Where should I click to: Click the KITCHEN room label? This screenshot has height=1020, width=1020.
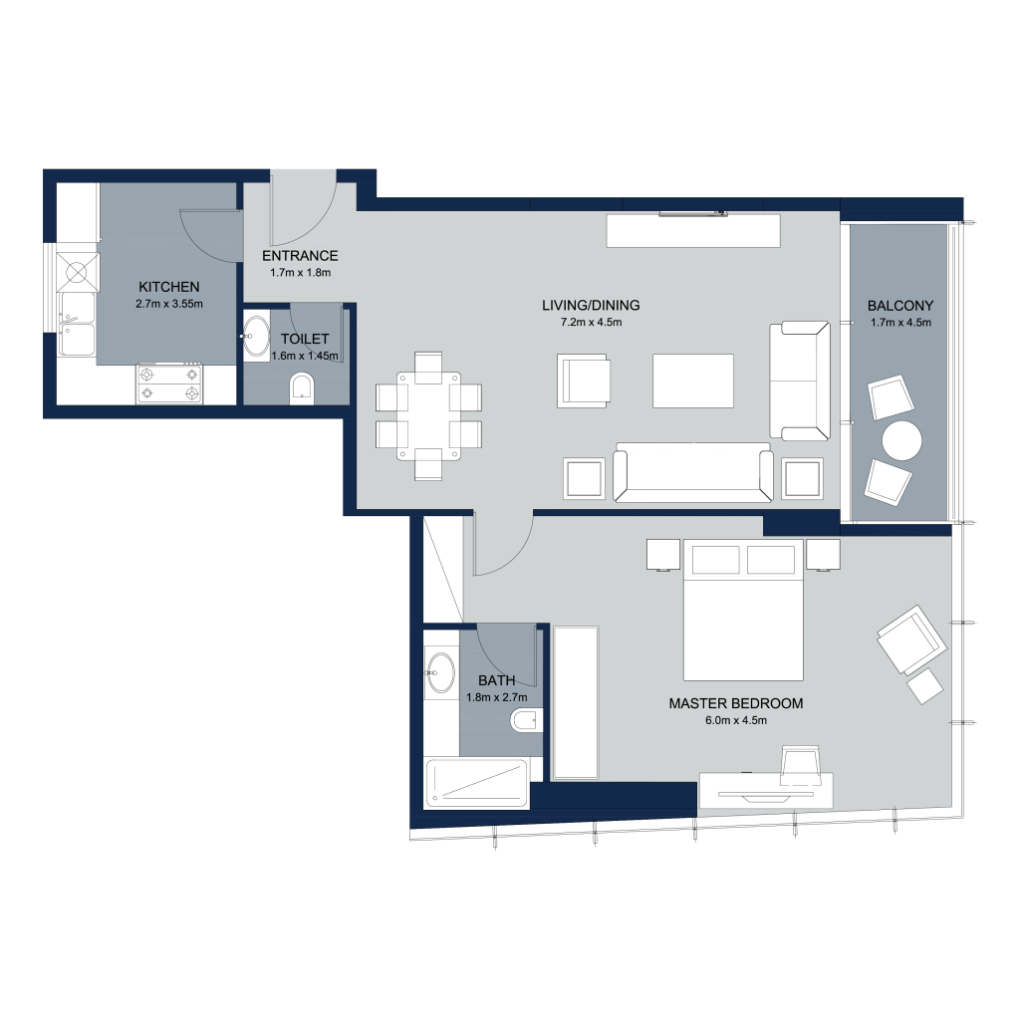169,286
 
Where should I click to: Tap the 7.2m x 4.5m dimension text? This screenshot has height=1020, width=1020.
592,322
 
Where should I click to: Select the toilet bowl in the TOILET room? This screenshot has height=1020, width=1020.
302,387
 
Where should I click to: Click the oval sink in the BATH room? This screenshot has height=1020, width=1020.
441,672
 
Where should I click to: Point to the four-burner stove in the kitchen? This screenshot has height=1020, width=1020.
169,383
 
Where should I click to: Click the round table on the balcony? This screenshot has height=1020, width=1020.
901,440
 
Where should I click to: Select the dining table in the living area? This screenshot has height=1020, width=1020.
428,416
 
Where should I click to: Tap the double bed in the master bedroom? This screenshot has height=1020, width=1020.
743,610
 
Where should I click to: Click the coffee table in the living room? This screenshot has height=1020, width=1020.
693,382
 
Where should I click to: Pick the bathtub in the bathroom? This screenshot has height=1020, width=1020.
477,783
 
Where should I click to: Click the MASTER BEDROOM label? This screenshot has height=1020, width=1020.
736,703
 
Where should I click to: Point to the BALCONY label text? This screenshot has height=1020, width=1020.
900,305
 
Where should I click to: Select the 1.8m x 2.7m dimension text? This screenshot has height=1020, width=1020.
497,697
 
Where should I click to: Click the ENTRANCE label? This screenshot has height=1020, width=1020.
300,256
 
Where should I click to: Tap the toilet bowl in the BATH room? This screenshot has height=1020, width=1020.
526,721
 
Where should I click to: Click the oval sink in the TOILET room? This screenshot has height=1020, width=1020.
256,337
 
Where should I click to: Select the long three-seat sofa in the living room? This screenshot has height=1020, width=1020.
693,473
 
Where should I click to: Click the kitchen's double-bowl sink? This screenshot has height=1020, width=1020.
78,325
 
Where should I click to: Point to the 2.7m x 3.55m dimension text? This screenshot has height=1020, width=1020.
169,304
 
